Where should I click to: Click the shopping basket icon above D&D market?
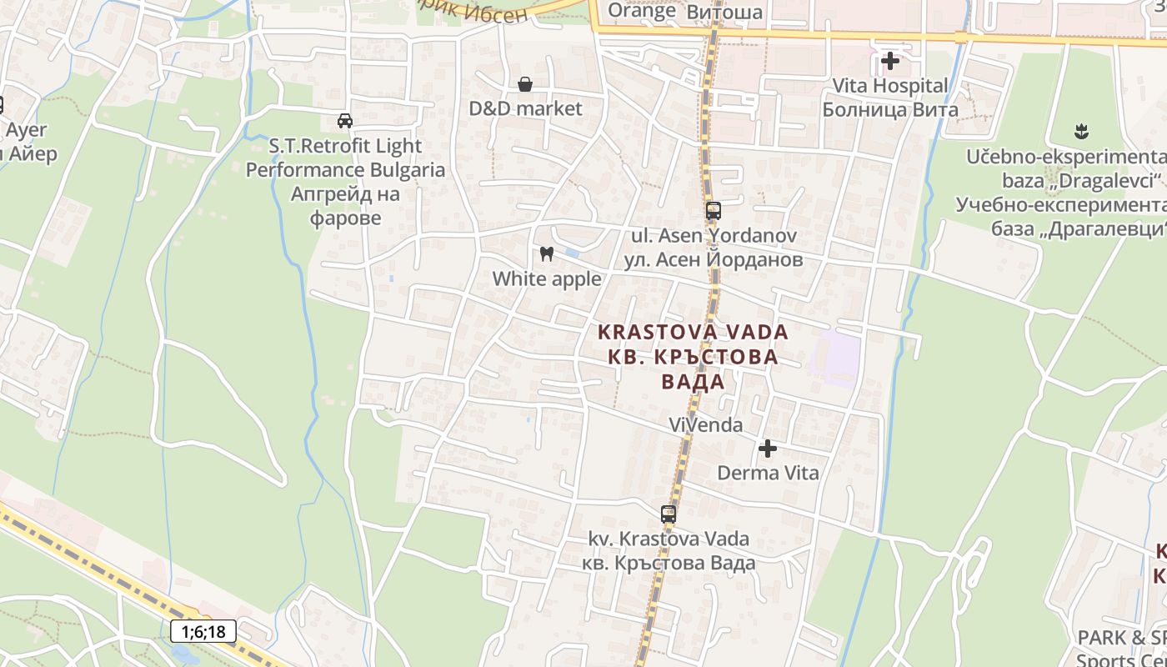tap(525, 84)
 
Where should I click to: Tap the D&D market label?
tap(525, 108)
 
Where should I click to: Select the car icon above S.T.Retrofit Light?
tap(345, 121)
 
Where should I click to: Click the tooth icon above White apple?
tap(547, 253)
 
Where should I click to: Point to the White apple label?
tap(547, 278)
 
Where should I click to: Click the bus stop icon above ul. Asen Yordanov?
tap(713, 211)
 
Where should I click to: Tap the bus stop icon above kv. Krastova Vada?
tap(669, 514)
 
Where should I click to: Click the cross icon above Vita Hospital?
tap(890, 61)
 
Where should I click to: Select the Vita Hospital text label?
tap(890, 85)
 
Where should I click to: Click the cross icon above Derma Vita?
tap(768, 449)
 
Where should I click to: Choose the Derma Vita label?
tap(768, 473)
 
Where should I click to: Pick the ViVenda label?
tap(705, 425)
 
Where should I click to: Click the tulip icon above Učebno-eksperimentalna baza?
tap(1083, 132)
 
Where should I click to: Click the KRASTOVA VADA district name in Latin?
tap(693, 332)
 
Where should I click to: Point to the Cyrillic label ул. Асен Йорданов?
tap(714, 259)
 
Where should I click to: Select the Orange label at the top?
tap(642, 11)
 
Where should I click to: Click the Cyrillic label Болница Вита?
tap(890, 109)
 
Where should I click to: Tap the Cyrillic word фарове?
tap(345, 218)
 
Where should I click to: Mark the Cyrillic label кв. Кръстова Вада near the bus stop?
tap(669, 562)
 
